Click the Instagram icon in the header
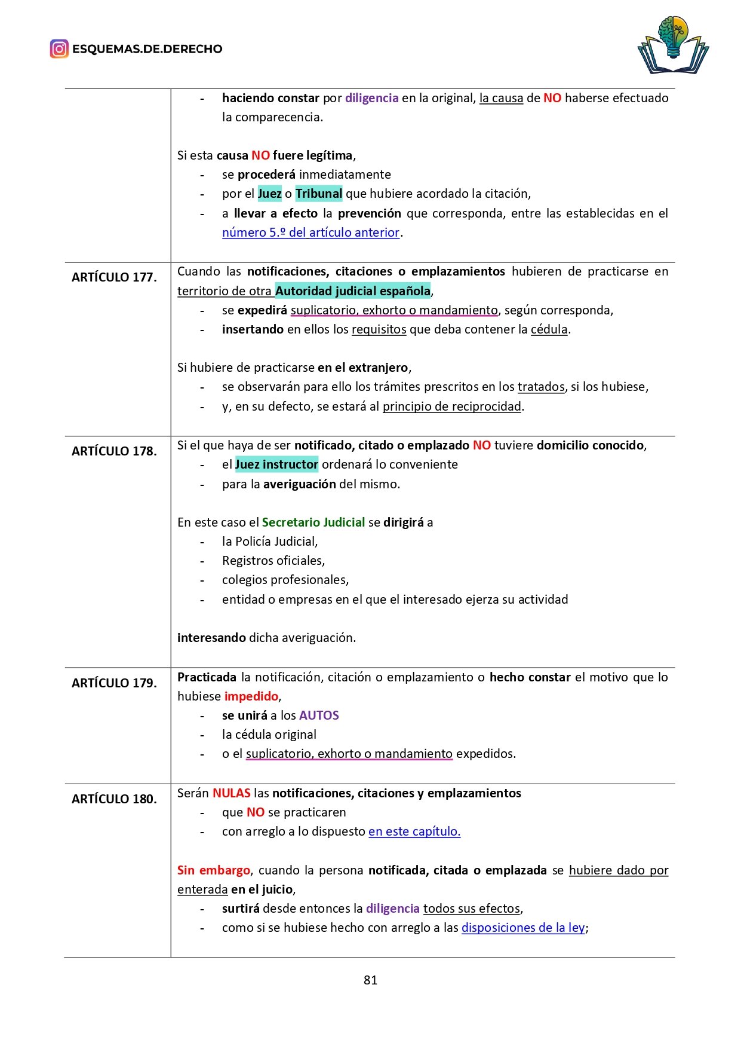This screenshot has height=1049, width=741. [59, 49]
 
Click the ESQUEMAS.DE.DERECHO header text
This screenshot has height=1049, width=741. [147, 49]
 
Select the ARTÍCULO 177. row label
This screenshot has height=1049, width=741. [114, 277]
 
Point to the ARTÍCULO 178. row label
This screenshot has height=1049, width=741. [114, 451]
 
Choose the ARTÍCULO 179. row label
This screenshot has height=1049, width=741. [114, 683]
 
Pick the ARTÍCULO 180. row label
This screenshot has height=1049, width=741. [114, 799]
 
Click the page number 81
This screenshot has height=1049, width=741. [370, 980]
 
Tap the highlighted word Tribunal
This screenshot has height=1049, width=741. [318, 194]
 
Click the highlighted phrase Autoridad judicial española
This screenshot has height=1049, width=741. [353, 291]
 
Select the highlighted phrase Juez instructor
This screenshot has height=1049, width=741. [276, 464]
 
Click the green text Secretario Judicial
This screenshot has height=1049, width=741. [313, 522]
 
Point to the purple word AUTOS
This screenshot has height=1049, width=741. [319, 715]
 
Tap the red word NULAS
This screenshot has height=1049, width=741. [231, 793]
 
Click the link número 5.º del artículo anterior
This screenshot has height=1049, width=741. [310, 233]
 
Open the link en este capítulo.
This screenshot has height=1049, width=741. [414, 831]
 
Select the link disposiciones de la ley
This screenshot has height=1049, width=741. [523, 928]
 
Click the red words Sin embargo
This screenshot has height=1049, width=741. [213, 870]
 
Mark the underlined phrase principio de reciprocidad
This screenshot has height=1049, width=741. [452, 406]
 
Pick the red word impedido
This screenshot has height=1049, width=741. [251, 696]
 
